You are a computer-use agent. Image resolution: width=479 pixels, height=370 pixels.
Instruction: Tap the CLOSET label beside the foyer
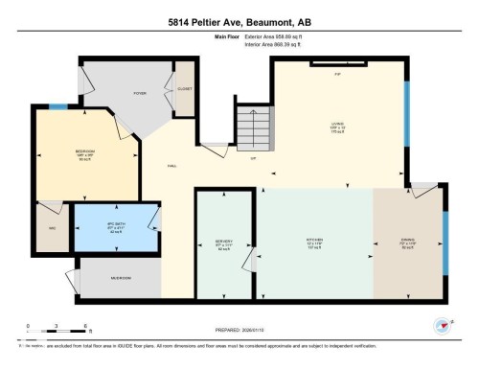click(x=184, y=89)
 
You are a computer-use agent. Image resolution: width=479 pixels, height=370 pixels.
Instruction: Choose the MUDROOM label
click(x=120, y=278)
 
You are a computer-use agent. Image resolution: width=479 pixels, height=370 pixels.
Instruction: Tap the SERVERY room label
click(x=224, y=241)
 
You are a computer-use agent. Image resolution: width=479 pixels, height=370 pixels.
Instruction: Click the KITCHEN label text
click(x=314, y=241)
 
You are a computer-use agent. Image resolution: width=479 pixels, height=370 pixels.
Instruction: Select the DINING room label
click(x=409, y=241)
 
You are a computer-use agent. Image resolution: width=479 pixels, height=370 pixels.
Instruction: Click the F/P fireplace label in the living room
click(x=337, y=74)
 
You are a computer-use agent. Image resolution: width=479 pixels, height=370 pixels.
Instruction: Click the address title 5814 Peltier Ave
click(x=239, y=20)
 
